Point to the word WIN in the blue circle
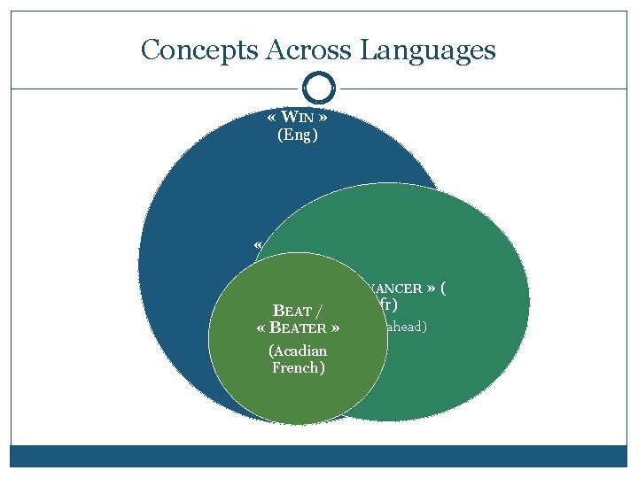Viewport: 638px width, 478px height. [299, 118]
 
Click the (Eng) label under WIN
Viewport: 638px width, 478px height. [299, 135]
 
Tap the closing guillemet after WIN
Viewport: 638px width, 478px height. [325, 118]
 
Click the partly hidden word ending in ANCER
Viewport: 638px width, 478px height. [395, 289]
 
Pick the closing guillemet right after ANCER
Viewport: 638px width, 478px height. [432, 289]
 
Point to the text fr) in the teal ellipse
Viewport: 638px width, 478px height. [385, 305]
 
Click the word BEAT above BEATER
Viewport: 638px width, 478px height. [292, 311]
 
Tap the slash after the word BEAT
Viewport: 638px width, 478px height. [319, 311]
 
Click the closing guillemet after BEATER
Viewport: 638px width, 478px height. [337, 328]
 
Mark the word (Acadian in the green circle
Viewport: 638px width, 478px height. [298, 351]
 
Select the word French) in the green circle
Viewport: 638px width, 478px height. [298, 367]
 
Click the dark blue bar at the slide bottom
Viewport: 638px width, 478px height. [319, 455]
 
